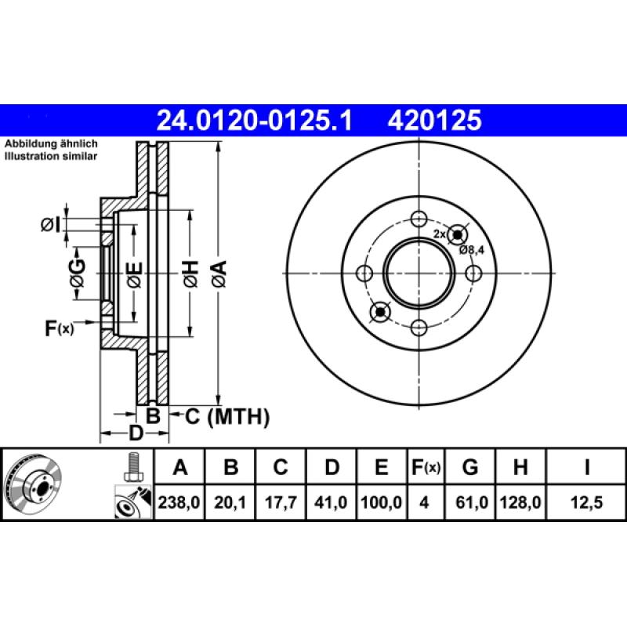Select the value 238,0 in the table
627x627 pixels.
coord(179,502)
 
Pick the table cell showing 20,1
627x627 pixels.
coord(230,502)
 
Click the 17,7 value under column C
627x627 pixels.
coord(280,502)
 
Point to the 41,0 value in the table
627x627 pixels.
coord(332,502)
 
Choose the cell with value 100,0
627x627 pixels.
coord(381,502)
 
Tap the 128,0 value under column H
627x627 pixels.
coord(520,502)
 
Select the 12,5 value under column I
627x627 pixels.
coord(586,502)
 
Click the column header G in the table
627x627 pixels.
coord(470,469)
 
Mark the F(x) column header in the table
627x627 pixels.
coord(426,469)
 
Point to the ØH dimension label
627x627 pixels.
coord(190,274)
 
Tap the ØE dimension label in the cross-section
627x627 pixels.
coord(135,274)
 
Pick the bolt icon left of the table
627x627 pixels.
coord(132,468)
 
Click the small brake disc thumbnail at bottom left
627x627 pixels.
coord(30,486)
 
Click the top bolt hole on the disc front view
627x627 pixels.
coord(419,219)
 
